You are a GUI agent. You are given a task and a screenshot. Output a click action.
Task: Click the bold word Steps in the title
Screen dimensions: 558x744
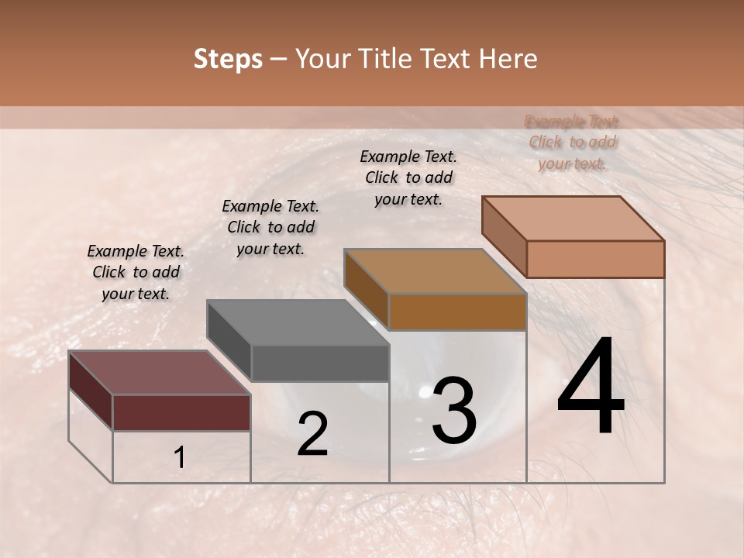click(228, 59)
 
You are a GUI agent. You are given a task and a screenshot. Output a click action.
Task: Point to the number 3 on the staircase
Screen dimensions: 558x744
click(453, 410)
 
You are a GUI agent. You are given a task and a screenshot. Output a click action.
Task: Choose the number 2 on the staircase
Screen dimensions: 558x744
click(312, 434)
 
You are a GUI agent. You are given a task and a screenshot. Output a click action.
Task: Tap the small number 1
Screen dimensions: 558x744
click(179, 458)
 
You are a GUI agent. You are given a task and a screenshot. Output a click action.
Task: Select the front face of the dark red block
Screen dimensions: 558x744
click(181, 412)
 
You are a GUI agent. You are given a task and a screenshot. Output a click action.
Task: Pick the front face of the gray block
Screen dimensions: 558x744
click(319, 363)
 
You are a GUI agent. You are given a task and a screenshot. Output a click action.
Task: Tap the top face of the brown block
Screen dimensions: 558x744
click(435, 271)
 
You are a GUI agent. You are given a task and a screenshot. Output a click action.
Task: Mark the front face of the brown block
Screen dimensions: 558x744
click(457, 312)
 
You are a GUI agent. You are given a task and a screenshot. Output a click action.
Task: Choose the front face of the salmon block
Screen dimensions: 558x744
click(595, 259)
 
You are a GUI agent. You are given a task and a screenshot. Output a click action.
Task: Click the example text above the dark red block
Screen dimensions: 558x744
click(136, 272)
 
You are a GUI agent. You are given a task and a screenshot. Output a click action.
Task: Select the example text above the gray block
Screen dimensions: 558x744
click(270, 227)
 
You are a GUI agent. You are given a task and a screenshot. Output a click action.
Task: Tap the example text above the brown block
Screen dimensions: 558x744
click(408, 177)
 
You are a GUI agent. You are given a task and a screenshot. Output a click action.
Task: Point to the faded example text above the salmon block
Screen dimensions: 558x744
click(573, 142)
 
